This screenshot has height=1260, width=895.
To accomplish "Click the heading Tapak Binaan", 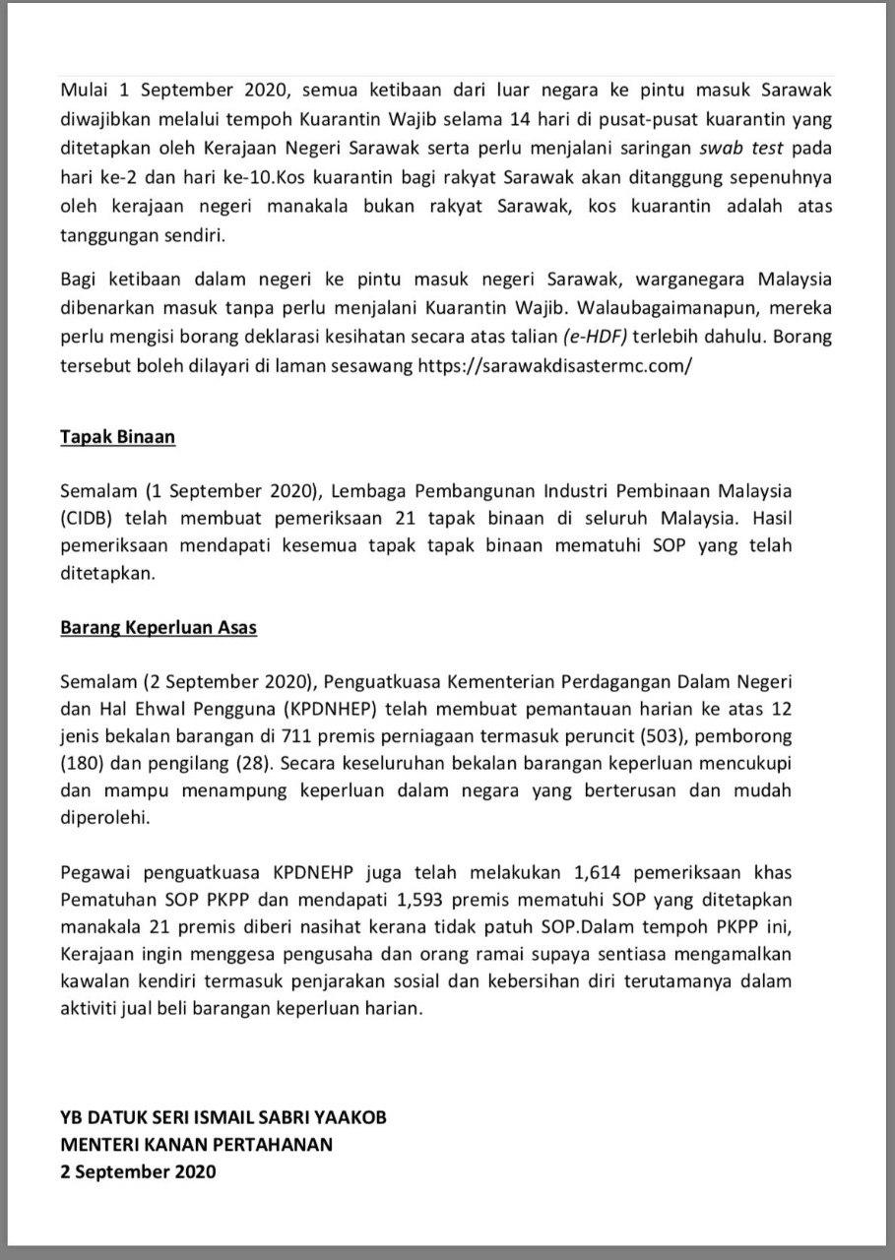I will click(x=117, y=436).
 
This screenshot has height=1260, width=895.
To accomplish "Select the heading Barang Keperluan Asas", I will click(x=159, y=627).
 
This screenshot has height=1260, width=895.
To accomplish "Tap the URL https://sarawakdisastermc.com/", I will click(x=555, y=363).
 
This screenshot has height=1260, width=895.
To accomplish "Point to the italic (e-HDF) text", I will click(x=595, y=336).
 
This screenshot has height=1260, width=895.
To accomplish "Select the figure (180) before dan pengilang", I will click(x=81, y=763).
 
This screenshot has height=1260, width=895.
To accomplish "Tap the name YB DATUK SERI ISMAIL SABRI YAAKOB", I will click(x=224, y=1117).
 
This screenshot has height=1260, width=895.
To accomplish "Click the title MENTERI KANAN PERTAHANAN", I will click(x=197, y=1144).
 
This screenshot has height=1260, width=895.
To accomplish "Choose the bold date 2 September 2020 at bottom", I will click(x=138, y=1171).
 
